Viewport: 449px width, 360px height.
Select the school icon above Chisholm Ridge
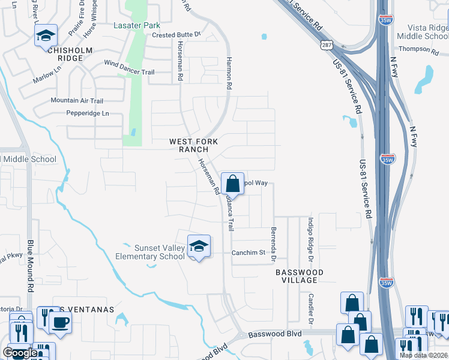coord(46,37)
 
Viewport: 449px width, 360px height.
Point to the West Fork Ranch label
coord(193,145)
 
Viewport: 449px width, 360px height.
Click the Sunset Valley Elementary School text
coord(150,252)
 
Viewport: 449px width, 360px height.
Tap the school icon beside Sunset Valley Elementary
coord(199,247)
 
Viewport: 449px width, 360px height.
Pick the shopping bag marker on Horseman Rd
coord(232,184)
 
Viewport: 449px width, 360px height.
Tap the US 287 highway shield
coord(326,45)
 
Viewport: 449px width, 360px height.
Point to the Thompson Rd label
coord(418,49)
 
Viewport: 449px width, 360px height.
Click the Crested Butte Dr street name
coord(175,35)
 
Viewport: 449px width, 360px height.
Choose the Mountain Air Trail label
coord(77,100)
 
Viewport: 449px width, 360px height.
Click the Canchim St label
coord(249,253)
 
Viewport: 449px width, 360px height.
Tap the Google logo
coord(20,353)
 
